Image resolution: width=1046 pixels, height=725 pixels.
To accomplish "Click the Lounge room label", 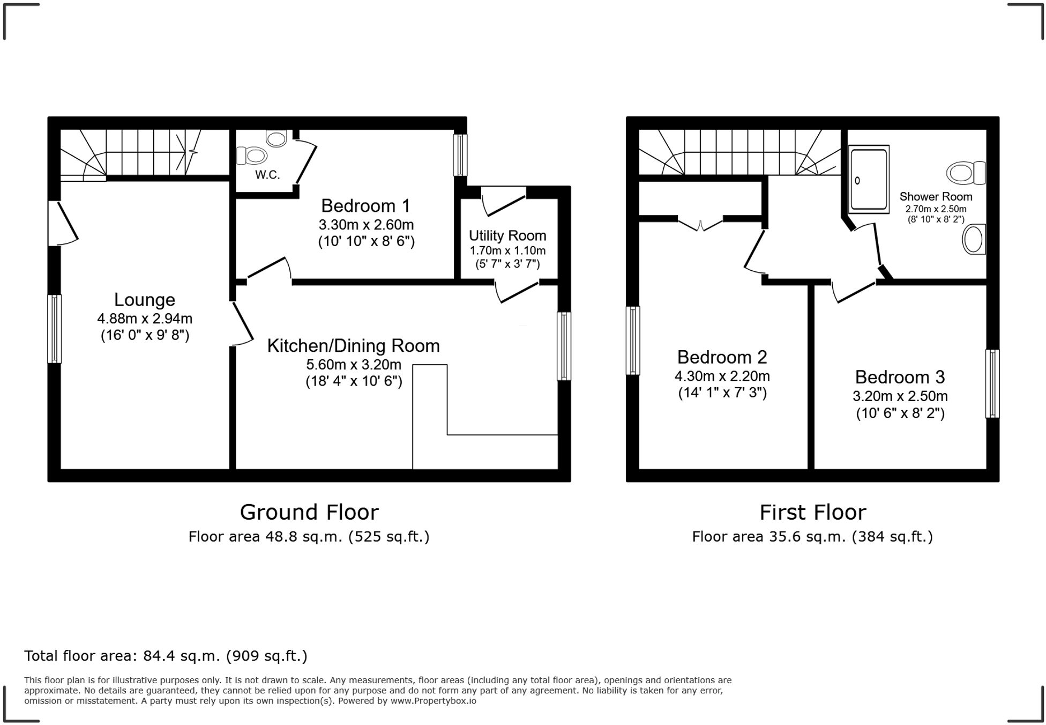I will coord(144,300).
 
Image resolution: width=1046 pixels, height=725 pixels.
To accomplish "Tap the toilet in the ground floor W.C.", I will coord(252,156).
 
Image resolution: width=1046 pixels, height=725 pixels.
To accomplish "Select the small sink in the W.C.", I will coord(277,138).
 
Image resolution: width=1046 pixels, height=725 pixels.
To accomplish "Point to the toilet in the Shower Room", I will coord(966,173).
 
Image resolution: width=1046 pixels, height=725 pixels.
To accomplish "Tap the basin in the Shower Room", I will coord(974,239).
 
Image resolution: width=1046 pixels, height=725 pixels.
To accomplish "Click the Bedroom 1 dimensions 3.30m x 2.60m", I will coord(366,225).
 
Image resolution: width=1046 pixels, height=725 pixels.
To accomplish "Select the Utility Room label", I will coord(507,236).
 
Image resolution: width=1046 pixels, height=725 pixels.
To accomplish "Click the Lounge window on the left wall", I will coord(54,328).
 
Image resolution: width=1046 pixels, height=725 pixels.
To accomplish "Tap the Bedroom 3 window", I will coord(992,383).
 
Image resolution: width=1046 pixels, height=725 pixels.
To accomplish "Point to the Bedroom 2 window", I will coord(633,340).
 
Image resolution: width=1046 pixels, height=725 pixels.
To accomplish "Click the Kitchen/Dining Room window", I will coord(564,346).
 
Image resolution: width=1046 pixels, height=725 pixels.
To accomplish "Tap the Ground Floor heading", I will coord(309,513).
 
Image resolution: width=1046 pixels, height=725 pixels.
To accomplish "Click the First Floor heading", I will coord(812,513).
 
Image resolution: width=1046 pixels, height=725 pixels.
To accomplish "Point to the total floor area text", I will coord(166,656).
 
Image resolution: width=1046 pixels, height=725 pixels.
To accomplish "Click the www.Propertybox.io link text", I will coord(433,701).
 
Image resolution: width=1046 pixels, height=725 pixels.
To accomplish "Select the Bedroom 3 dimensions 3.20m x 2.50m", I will coord(900,396).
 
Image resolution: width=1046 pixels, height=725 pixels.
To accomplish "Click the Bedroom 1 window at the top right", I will coord(460,154).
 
